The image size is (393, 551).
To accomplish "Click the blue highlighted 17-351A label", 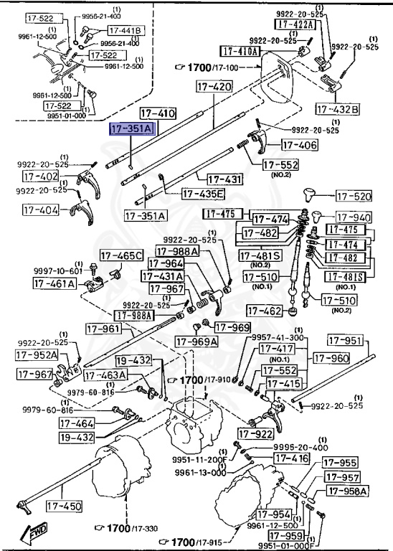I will (x=131, y=129).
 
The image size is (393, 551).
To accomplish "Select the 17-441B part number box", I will (x=126, y=30).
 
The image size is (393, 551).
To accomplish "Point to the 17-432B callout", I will (x=338, y=109).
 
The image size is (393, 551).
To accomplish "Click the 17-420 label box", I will (x=214, y=86).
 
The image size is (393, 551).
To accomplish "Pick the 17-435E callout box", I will (x=203, y=194).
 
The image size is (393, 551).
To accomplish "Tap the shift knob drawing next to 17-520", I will (x=313, y=195).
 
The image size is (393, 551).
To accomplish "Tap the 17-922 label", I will (x=256, y=433).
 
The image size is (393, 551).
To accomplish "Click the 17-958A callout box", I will (x=347, y=491).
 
